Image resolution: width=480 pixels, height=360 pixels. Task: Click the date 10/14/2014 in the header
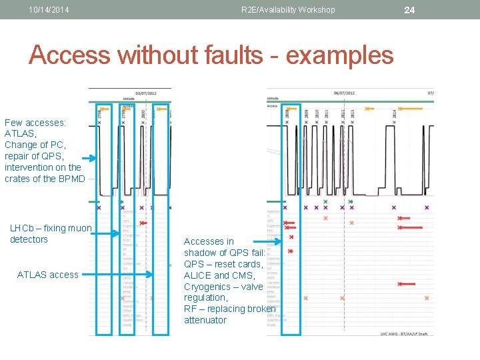pyautogui.click(x=50, y=10)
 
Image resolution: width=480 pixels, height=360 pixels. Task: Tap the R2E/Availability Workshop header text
pyautogui.click(x=288, y=10)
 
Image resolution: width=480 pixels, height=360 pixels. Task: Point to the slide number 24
pyautogui.click(x=409, y=10)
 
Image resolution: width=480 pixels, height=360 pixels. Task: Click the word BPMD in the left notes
pyautogui.click(x=71, y=179)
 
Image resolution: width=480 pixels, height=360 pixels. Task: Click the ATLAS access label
pyautogui.click(x=47, y=275)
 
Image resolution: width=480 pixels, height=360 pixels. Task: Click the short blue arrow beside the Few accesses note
pyautogui.click(x=89, y=158)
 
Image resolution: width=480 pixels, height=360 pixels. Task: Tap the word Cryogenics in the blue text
pyautogui.click(x=207, y=287)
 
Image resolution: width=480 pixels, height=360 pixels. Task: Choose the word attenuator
pyautogui.click(x=205, y=320)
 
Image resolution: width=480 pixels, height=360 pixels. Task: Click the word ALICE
pyautogui.click(x=197, y=275)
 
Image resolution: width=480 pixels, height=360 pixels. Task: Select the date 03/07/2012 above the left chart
pyautogui.click(x=147, y=94)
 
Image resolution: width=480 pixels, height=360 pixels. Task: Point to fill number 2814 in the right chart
pyautogui.click(x=395, y=115)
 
